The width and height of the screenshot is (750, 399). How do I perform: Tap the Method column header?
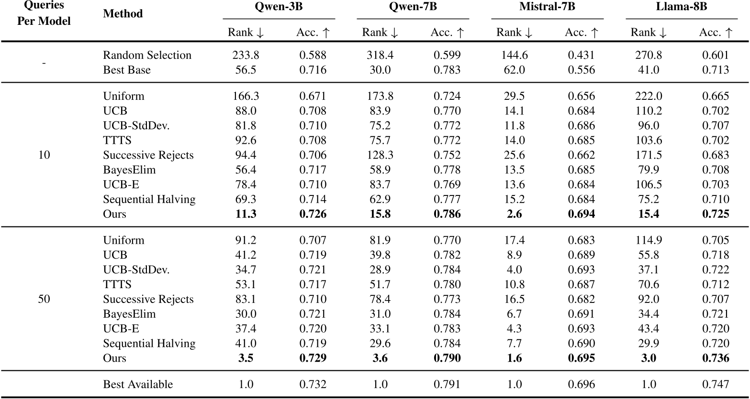(x=123, y=14)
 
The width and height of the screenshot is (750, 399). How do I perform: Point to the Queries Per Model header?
(x=44, y=14)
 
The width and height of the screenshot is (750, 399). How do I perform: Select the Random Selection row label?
(x=147, y=55)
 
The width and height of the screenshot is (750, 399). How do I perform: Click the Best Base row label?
(x=127, y=70)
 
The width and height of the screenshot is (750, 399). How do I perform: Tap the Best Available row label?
(x=138, y=384)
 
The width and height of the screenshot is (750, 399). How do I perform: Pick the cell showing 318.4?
(x=381, y=55)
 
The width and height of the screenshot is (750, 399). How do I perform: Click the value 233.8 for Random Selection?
(x=246, y=55)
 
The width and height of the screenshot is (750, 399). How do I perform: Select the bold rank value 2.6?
(x=515, y=214)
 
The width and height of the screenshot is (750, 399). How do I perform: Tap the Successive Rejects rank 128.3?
(x=381, y=155)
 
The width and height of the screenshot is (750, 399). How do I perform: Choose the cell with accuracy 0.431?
(x=582, y=55)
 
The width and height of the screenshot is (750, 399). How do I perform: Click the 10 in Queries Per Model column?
(x=44, y=155)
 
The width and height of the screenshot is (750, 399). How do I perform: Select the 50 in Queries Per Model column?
(x=44, y=299)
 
